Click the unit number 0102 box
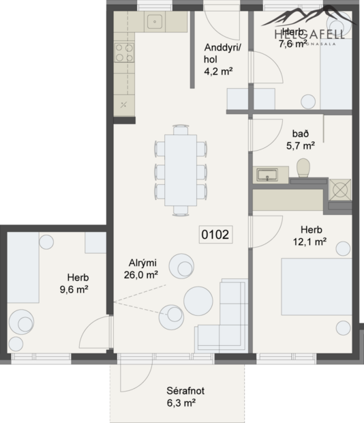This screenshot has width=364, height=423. click(x=215, y=235)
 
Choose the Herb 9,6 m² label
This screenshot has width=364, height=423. click(x=74, y=283)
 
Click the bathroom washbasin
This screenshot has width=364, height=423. click(x=268, y=175)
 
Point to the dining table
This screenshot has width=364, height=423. click(x=181, y=167)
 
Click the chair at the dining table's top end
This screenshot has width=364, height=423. click(x=181, y=128)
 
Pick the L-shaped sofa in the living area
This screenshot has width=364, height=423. click(x=225, y=317)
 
